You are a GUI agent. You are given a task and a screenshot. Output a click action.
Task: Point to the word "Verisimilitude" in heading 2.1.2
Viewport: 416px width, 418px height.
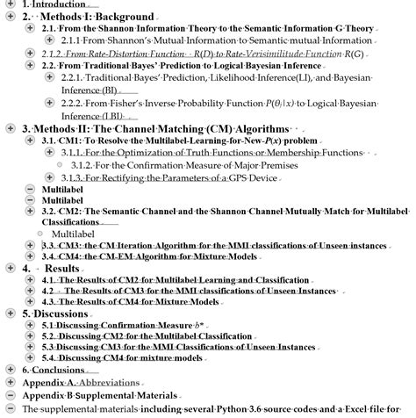click(x=263, y=54)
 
